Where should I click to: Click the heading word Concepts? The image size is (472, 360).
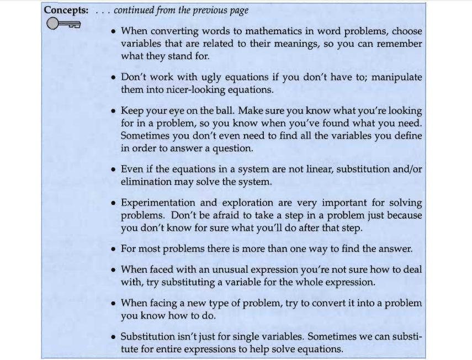[66, 10]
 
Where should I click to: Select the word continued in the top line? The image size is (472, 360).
[137, 10]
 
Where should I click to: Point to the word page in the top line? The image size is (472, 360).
[237, 10]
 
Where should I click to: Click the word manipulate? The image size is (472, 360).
[396, 77]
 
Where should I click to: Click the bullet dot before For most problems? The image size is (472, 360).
[113, 249]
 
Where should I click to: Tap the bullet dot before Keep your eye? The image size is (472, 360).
[113, 111]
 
